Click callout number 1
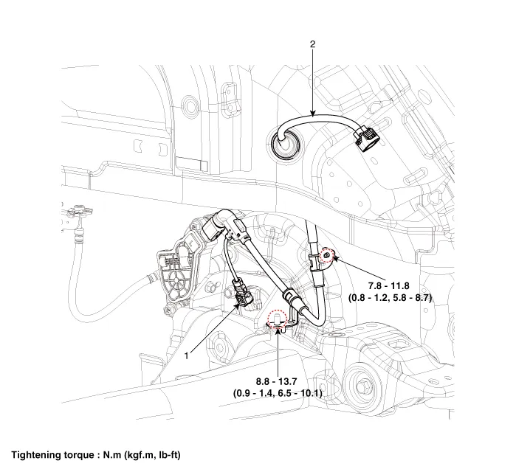(187, 355)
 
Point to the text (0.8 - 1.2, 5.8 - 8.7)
(390, 297)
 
